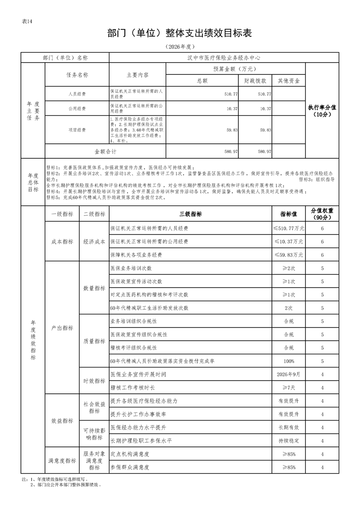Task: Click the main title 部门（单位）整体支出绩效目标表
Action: pos(179,34)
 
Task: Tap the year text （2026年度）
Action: pos(179,47)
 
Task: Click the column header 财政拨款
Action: pos(256,81)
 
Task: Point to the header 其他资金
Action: pos(289,81)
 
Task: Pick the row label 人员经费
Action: pos(77,94)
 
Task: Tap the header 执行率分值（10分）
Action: pos(322,111)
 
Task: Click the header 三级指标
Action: pos(191,214)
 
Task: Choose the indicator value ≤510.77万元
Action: pos(289,228)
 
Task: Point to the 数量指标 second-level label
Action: pos(94,288)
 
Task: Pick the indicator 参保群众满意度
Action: pos(129,467)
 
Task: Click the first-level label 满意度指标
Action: pos(62,460)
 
